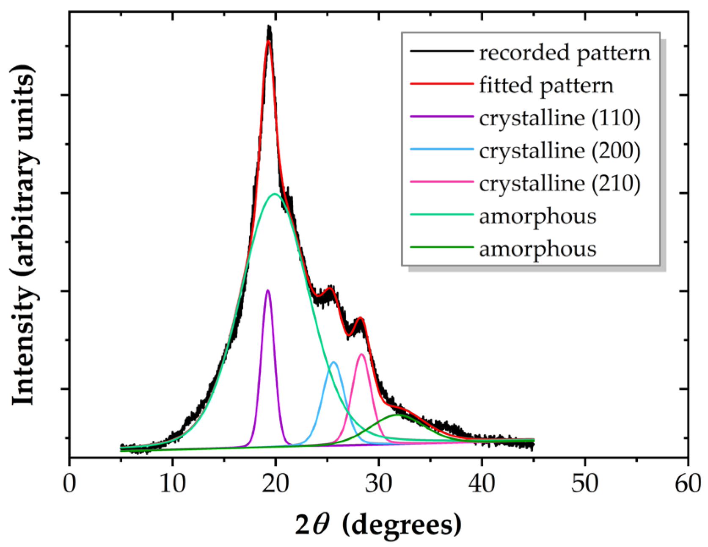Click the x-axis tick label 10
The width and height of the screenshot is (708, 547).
click(173, 483)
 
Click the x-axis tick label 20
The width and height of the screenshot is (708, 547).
click(275, 483)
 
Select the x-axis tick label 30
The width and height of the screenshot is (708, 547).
click(379, 483)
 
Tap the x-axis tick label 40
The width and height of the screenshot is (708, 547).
click(482, 483)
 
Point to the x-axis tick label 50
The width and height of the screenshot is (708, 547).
click(585, 483)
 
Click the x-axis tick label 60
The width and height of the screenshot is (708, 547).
click(688, 483)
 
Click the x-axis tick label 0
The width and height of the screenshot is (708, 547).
click(69, 483)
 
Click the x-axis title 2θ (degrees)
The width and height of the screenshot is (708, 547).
click(378, 525)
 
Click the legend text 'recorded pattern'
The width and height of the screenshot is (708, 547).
click(565, 53)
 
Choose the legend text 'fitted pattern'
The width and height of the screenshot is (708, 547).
click(546, 86)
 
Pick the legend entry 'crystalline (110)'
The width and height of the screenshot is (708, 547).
click(559, 118)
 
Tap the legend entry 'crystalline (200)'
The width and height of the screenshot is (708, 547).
click(559, 151)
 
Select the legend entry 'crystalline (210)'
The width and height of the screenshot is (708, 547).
click(559, 183)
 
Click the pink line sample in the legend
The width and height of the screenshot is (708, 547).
click(441, 182)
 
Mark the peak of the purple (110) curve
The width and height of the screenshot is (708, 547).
click(267, 290)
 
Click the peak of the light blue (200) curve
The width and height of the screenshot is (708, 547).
click(334, 362)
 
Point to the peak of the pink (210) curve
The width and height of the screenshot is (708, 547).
click(362, 354)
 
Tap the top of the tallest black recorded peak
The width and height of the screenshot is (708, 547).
click(269, 27)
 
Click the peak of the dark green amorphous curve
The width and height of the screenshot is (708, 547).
click(398, 415)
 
